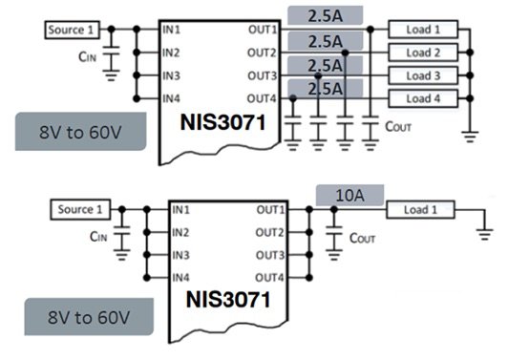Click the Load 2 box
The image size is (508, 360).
coord(423,53)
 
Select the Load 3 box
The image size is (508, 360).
coord(423,75)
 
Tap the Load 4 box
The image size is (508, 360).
coord(423,98)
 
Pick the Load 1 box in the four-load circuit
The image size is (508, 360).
coord(423,30)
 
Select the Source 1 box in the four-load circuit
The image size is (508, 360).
coord(73,31)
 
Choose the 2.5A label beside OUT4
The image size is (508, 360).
coord(326,88)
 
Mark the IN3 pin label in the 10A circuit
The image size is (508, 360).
coord(187,256)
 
